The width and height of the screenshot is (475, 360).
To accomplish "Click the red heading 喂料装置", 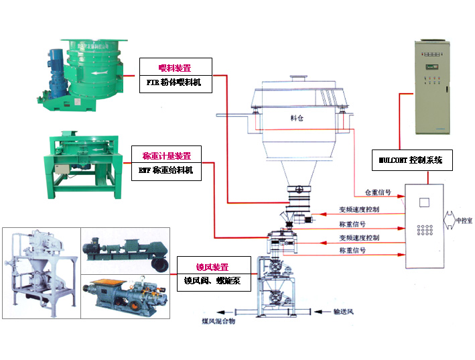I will point(175,67).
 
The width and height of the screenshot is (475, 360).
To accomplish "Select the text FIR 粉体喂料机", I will point(175,84).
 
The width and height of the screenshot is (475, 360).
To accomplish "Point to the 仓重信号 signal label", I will point(378,192).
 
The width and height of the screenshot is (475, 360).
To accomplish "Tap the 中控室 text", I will point(464,220).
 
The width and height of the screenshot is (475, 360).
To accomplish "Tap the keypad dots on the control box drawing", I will point(423,231).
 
